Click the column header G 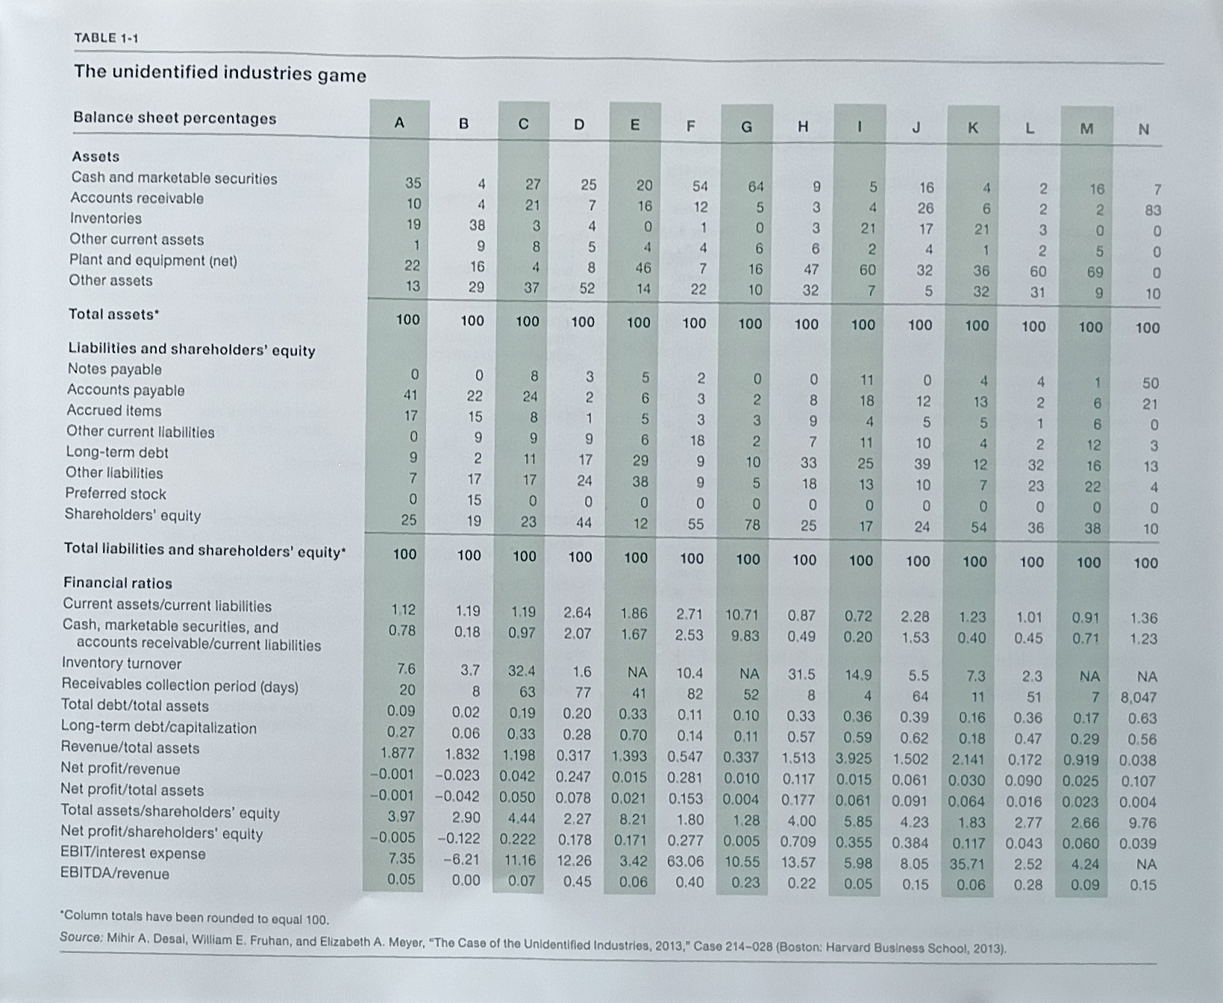747,127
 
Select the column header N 1143,130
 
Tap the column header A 399,122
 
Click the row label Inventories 105,218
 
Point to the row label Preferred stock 115,493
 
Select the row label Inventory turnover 121,663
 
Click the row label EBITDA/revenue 115,873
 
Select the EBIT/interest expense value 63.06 685,861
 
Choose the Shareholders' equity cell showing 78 752,525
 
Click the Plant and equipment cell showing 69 1095,272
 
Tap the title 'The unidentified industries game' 220,73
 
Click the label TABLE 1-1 107,37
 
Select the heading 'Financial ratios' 117,583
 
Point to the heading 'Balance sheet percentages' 175,118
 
